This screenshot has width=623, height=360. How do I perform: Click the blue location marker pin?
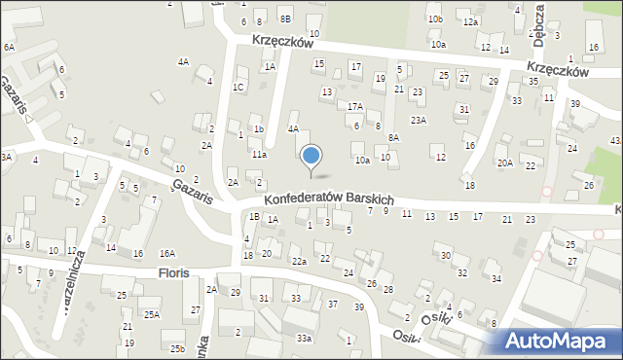click(311, 157)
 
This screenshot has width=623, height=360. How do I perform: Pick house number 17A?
click(355, 107)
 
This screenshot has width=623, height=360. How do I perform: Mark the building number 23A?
click(419, 120)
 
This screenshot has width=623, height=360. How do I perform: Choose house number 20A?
click(504, 163)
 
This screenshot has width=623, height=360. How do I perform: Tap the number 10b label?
click(435, 18)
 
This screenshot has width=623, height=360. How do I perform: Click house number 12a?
click(471, 21)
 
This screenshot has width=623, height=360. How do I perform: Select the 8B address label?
click(285, 18)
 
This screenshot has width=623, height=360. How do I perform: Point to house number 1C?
click(238, 87)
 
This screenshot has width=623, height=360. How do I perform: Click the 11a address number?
click(259, 154)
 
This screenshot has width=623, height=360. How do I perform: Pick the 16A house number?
click(167, 253)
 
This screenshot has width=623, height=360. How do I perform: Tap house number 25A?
click(151, 314)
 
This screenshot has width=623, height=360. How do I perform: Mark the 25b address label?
click(176, 348)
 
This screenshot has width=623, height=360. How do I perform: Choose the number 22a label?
click(299, 261)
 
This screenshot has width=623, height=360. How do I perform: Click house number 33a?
click(305, 338)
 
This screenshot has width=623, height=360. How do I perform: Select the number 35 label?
click(532, 82)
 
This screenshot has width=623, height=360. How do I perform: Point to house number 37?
click(333, 305)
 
